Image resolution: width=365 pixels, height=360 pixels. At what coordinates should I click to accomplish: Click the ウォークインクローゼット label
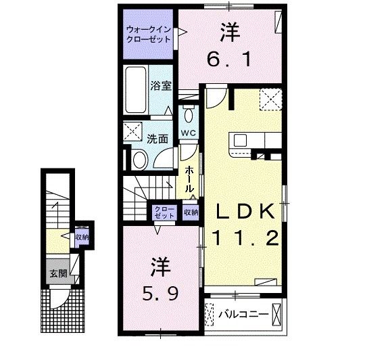pyautogui.click(x=149, y=34)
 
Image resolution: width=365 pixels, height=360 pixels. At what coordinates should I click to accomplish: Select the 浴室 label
pyautogui.click(x=160, y=87)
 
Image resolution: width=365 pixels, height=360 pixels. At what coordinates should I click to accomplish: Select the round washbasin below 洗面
pyautogui.click(x=139, y=160)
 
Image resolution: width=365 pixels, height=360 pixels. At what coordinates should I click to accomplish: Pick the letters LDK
pyautogui.click(x=245, y=212)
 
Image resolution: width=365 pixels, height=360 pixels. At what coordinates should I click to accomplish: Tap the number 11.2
pyautogui.click(x=245, y=238)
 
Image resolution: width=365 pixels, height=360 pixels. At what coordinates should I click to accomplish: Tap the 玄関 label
pyautogui.click(x=57, y=274)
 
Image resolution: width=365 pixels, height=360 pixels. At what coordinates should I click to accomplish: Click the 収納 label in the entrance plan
pyautogui.click(x=82, y=238)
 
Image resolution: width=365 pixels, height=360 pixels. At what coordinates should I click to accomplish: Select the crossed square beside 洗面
pyautogui.click(x=133, y=131)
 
